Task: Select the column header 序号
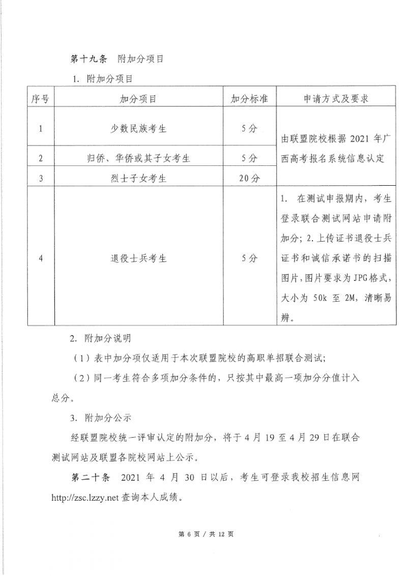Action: coord(40,99)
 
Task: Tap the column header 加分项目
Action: coord(138,99)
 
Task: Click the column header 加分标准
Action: coord(249,99)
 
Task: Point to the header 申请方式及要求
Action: coord(336,99)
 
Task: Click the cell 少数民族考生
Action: coord(138,129)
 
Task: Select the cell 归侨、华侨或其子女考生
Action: coord(138,158)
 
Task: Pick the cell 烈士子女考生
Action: coord(138,178)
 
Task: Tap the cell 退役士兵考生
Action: coord(138,258)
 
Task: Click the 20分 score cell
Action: coord(249,178)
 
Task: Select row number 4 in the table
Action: coord(40,258)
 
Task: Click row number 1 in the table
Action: coord(40,129)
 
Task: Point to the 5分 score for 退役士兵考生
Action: coord(249,258)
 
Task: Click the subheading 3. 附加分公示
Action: coord(101,418)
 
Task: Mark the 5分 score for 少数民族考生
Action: coord(249,129)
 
